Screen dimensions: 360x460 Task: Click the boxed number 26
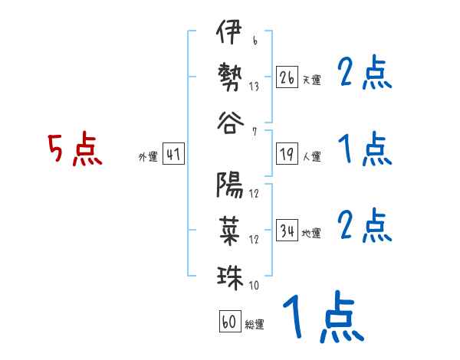tap(287, 77)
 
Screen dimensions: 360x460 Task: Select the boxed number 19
tap(287, 154)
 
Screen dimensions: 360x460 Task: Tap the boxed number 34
tap(287, 231)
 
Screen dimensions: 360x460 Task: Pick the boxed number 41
tap(173, 154)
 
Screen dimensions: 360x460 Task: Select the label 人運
tap(311, 157)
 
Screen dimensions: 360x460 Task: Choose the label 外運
tap(148, 157)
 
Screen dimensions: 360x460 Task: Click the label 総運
tap(255, 325)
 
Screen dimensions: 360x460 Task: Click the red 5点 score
tap(74, 150)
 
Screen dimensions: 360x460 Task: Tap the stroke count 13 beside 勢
tap(254, 87)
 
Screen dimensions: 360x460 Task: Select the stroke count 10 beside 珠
tap(254, 286)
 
